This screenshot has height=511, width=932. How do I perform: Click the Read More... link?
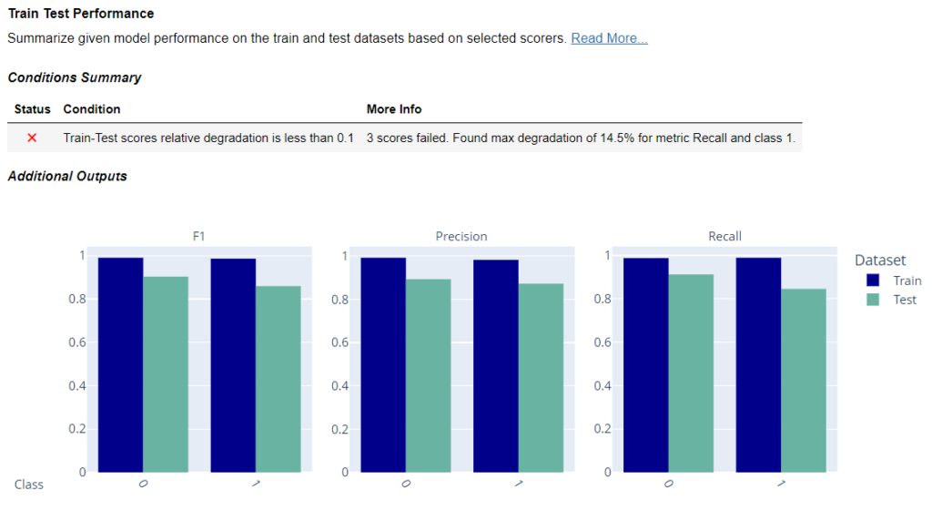pos(609,38)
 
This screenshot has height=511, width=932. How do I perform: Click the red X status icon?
pos(32,138)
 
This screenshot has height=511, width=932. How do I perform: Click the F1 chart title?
pos(199,236)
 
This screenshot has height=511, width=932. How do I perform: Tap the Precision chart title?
pos(461,236)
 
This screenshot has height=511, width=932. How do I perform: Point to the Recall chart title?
pos(724,236)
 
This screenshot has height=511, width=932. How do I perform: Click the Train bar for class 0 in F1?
pos(121,364)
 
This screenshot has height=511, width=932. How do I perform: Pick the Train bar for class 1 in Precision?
pos(496,365)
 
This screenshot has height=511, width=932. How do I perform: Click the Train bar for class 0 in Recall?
pos(646,364)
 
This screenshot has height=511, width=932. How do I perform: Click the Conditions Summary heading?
pos(75,77)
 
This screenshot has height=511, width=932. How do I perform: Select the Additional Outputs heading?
pos(67,176)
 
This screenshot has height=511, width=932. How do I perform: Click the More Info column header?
pos(394,109)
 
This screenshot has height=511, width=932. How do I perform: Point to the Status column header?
pos(33,109)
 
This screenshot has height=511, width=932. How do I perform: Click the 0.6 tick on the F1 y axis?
pos(77,342)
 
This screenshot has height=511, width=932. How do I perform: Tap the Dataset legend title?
pos(880,261)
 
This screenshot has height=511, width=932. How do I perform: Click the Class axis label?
pos(29,484)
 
